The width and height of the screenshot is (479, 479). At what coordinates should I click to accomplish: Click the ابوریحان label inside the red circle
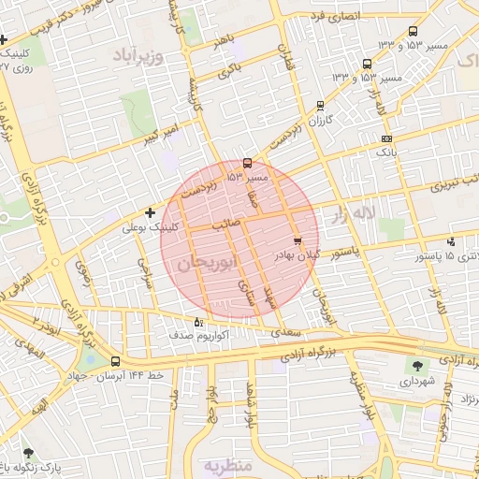point(201,262)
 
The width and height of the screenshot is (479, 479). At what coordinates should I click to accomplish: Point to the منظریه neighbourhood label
point(228,464)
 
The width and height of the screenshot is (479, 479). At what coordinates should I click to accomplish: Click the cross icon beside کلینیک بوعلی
point(150,213)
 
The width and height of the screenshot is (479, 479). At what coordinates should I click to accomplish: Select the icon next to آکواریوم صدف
point(196,324)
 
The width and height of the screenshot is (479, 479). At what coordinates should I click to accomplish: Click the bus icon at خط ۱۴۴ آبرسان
point(115,361)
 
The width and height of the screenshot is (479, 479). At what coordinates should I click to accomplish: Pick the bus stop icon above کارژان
point(321,106)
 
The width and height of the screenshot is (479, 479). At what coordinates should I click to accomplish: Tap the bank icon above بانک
point(387,138)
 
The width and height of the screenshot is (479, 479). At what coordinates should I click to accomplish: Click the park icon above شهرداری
point(416,366)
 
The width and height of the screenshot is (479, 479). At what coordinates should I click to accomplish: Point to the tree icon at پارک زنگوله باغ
point(27,454)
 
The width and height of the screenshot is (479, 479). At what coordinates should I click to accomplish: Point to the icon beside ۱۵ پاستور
point(451,242)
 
